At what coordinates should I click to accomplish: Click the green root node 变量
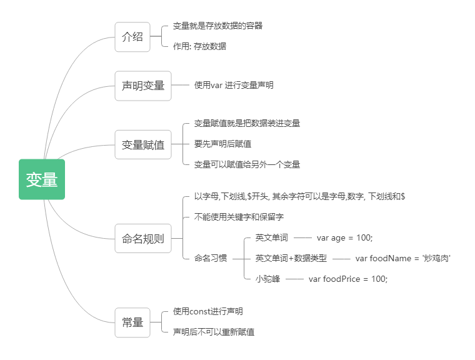coord(42,179)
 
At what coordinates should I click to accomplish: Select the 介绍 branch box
coord(132,36)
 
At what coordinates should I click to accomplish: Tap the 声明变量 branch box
coord(143,86)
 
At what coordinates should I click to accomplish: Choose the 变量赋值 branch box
coord(143,144)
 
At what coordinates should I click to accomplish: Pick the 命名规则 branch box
coord(143,238)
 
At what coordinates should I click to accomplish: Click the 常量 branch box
coord(132,322)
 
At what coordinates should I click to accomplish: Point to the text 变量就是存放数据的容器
coord(217,26)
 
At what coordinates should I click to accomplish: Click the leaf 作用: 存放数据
coord(199,46)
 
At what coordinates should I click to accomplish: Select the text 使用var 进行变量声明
coord(234,86)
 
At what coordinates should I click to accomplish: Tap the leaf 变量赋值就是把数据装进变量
coord(247,123)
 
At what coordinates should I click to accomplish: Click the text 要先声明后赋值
coord(222,144)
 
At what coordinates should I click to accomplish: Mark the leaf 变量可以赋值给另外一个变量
coord(247,164)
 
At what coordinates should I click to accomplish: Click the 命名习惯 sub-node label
coord(211,258)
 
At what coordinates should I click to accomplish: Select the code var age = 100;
coord(344,237)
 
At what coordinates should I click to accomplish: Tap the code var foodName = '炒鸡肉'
coord(403,258)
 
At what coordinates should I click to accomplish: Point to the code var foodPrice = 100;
coord(348,279)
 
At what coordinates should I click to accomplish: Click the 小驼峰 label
coord(267,279)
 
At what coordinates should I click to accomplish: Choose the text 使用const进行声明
coord(208,311)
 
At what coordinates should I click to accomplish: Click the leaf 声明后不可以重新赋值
coord(214,332)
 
